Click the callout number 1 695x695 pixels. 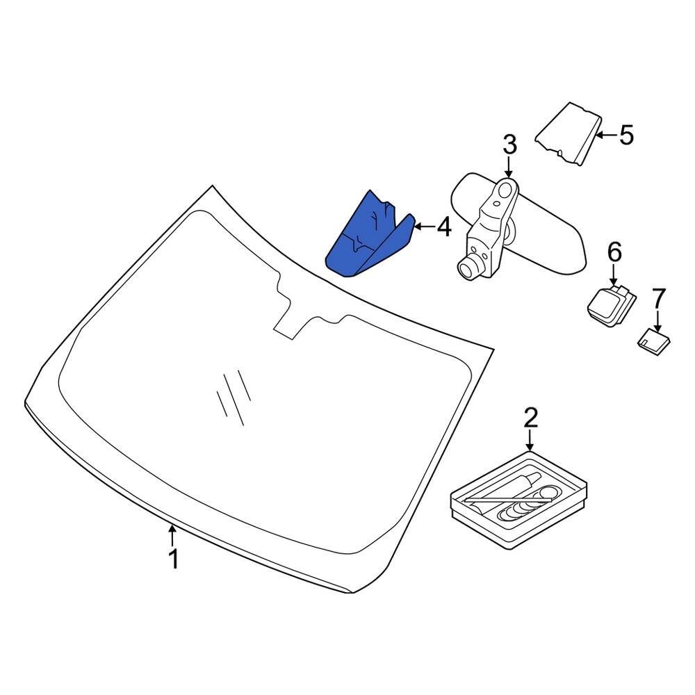coord(174,559)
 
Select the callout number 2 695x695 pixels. coord(530,418)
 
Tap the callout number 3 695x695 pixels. coord(509,145)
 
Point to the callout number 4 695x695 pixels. coord(443,227)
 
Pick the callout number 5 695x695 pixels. coord(626,135)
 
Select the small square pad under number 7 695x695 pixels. coord(654,341)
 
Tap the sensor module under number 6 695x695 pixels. coord(611,305)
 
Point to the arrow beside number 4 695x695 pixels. coord(424,227)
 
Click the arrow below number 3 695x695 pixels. coord(509,168)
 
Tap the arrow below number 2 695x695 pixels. coord(530,441)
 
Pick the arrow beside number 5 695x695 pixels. coord(606,135)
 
